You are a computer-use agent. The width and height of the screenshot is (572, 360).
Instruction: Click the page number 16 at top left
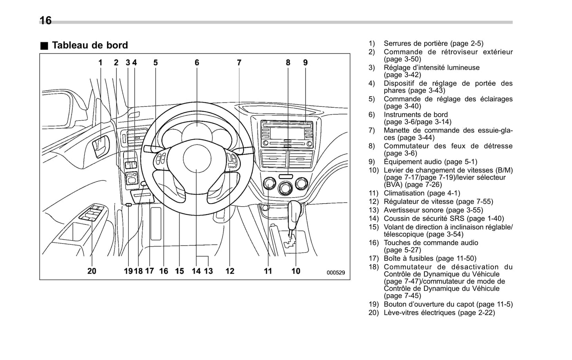[x=46, y=20]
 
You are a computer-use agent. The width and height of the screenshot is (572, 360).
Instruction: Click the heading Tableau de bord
[x=90, y=45]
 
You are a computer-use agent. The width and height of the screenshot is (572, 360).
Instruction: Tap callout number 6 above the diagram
[x=197, y=63]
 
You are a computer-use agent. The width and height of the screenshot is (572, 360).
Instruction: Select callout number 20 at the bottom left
[x=91, y=271]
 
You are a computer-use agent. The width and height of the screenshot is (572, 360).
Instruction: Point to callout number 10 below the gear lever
[x=296, y=271]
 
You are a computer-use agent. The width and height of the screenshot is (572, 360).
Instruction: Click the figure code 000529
[x=336, y=272]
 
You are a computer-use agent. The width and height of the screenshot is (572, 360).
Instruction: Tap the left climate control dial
[x=269, y=183]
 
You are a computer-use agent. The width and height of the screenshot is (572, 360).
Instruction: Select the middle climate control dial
[x=285, y=188]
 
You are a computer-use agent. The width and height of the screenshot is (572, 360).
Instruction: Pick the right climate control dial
[x=301, y=183]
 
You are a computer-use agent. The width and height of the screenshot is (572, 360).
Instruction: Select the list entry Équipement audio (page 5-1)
[x=430, y=162]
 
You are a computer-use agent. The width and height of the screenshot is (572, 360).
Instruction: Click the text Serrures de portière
[x=415, y=44]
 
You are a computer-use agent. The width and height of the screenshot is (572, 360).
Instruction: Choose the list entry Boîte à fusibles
[x=409, y=258]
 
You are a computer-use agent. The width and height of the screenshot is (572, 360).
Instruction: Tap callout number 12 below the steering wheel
[x=230, y=271]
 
